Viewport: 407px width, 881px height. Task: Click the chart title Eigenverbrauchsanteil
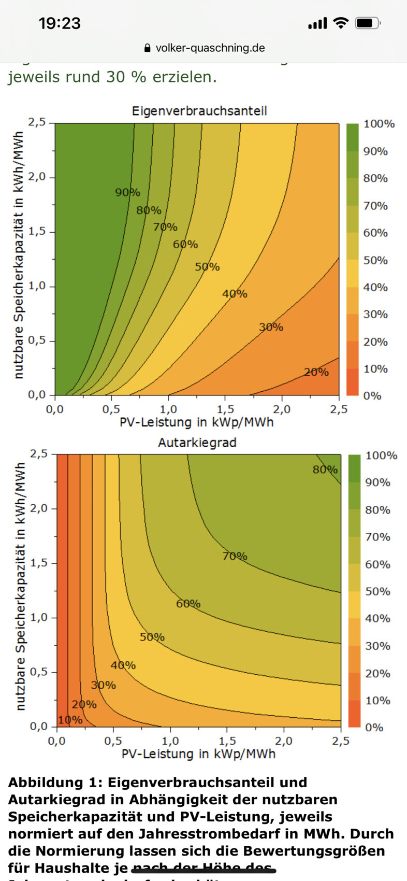pyautogui.click(x=199, y=111)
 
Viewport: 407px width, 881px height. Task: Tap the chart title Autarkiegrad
pyautogui.click(x=197, y=443)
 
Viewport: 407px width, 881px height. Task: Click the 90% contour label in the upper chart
pyautogui.click(x=127, y=193)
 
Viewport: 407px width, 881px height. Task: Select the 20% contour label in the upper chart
pyautogui.click(x=316, y=372)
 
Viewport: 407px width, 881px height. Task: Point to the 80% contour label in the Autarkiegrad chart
pyautogui.click(x=325, y=470)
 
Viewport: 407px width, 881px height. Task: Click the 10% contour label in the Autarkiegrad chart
pyautogui.click(x=70, y=720)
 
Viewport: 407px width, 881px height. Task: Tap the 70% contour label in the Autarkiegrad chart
pyautogui.click(x=235, y=557)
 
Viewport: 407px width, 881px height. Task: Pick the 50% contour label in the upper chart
pyautogui.click(x=207, y=267)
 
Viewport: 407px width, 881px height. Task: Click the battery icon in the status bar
pyautogui.click(x=368, y=23)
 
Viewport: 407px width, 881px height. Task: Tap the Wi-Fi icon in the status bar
pyautogui.click(x=341, y=23)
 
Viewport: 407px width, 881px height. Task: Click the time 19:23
pyautogui.click(x=60, y=23)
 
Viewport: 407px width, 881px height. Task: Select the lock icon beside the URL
pyautogui.click(x=148, y=49)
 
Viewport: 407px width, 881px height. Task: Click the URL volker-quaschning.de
pyautogui.click(x=210, y=48)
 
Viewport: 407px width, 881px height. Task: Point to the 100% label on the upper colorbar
pyautogui.click(x=379, y=124)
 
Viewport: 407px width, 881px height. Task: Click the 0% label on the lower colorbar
pyautogui.click(x=374, y=728)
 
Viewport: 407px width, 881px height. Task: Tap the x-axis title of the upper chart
pyautogui.click(x=197, y=422)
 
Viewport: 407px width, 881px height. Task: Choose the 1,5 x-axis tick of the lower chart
pyautogui.click(x=227, y=741)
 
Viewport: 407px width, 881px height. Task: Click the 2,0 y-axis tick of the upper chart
pyautogui.click(x=37, y=177)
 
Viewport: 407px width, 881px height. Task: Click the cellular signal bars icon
pyautogui.click(x=317, y=23)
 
